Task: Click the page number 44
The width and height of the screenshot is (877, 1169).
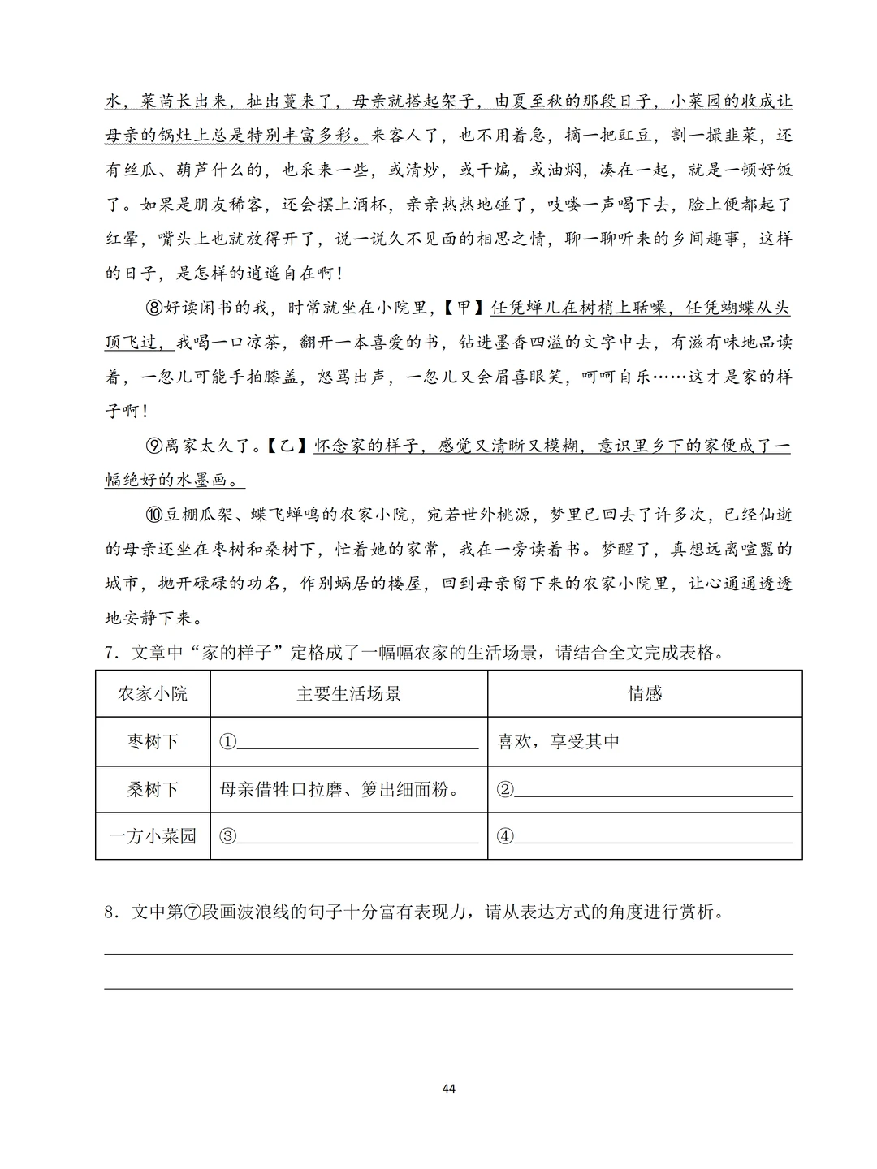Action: [x=449, y=1088]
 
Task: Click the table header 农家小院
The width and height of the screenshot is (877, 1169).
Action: [x=153, y=693]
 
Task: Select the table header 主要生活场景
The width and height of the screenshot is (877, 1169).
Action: [x=349, y=693]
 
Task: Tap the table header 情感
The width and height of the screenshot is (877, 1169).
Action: [x=645, y=693]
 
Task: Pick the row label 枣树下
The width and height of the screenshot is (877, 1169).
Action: [x=153, y=741]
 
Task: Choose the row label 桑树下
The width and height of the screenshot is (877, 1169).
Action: [x=153, y=789]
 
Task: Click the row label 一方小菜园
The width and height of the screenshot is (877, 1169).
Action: [x=153, y=836]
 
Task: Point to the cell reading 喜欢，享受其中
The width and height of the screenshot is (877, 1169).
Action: [x=559, y=741]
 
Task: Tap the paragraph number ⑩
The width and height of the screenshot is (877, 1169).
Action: [x=155, y=515]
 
